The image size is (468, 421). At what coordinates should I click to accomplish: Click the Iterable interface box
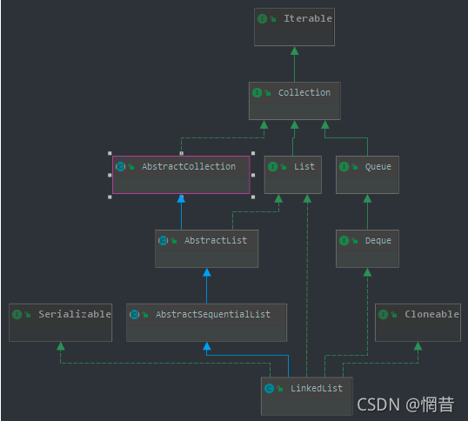[x=294, y=26]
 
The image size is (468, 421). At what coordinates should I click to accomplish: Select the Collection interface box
[x=294, y=100]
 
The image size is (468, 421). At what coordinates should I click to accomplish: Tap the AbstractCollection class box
[x=181, y=174]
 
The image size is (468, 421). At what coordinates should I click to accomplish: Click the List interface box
[x=295, y=174]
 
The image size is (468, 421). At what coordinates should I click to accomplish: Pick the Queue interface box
[x=367, y=174]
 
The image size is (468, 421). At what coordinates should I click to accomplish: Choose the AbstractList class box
[x=206, y=248]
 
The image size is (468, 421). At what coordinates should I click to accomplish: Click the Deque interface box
[x=367, y=248]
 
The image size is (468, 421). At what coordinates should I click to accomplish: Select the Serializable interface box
[x=60, y=322]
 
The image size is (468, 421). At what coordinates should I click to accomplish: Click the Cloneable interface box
[x=418, y=322]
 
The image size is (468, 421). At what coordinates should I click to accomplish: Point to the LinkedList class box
[x=307, y=395]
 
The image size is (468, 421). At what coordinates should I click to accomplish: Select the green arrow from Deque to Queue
[x=367, y=212]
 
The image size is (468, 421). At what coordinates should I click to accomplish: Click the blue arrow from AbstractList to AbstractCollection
[x=181, y=212]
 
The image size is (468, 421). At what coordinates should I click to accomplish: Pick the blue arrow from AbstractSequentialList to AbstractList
[x=206, y=286]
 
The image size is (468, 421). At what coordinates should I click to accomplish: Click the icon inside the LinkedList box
[x=270, y=388]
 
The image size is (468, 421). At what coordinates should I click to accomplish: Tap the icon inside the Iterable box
[x=263, y=18]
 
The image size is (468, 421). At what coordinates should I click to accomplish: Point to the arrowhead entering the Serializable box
[x=60, y=346]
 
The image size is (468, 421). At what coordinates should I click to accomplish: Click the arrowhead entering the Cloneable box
[x=418, y=346]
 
